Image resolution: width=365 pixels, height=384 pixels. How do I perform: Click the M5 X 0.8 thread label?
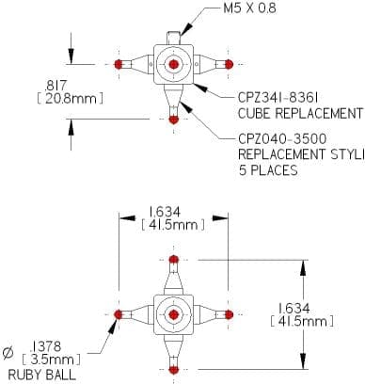tap(249, 8)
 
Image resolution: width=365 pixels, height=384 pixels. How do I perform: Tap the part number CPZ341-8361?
tap(278, 98)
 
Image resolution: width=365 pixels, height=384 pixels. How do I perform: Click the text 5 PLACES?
tap(268, 170)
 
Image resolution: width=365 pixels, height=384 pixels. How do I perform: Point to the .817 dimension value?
tap(56, 86)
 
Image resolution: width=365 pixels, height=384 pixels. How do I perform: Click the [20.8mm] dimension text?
tap(70, 99)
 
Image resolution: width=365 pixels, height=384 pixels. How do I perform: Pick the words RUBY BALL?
tap(42, 375)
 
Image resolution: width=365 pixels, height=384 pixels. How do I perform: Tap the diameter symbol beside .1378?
tap(8, 353)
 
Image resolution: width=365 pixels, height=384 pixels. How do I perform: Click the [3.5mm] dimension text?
tap(51, 360)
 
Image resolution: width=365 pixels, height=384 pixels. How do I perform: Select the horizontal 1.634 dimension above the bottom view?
tap(165, 212)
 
